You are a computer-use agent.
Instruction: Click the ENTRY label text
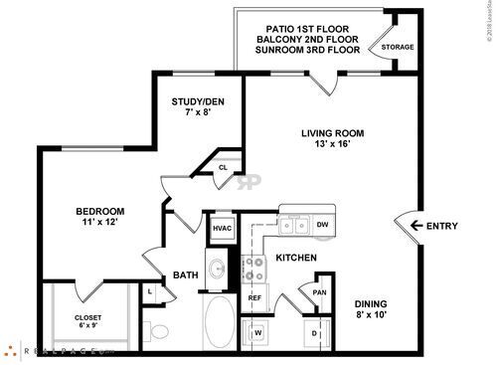click(441, 227)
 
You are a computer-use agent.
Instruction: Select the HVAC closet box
click(221, 228)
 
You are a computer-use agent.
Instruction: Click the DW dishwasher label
click(322, 225)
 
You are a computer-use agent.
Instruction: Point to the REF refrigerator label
click(254, 297)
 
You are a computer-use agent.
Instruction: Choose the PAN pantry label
click(319, 292)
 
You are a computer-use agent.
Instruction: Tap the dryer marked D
click(314, 331)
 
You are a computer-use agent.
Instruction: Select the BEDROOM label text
click(100, 211)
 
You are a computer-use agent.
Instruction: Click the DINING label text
click(374, 304)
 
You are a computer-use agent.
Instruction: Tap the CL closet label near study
click(223, 168)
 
